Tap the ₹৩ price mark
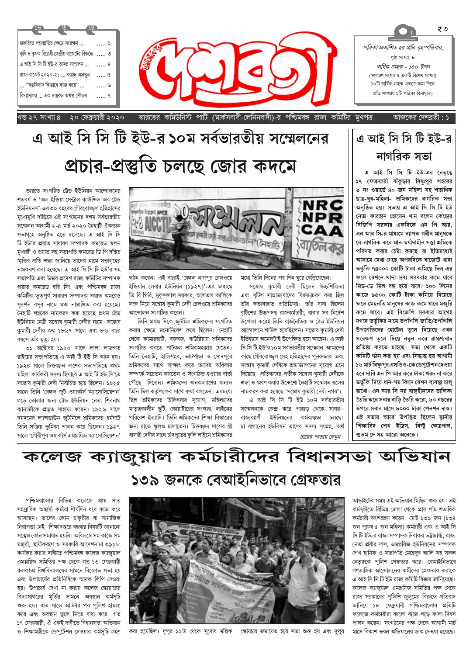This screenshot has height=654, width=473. [442, 29]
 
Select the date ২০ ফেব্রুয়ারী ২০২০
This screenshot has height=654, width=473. [97, 118]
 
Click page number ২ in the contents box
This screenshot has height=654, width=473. [109, 43]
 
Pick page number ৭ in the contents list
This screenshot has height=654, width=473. [109, 95]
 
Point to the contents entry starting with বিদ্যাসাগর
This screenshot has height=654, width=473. [54, 95]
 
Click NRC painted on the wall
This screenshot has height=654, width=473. [322, 204]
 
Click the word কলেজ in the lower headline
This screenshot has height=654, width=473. [52, 457]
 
